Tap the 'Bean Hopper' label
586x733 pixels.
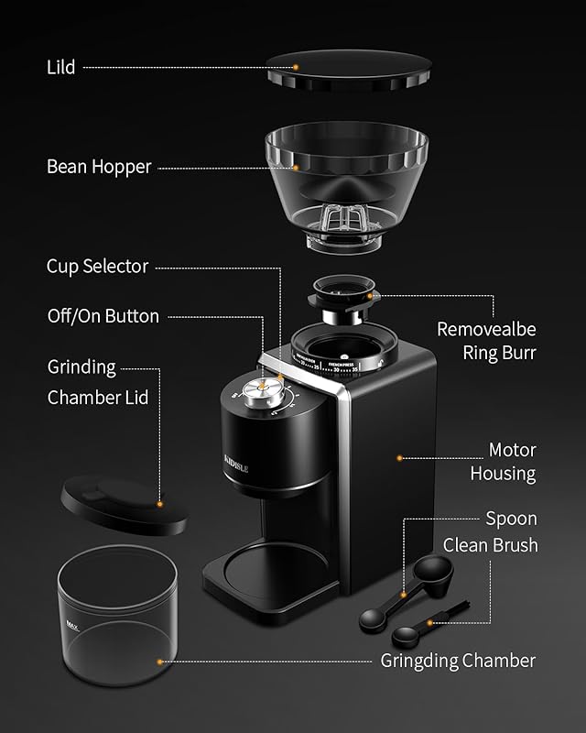(99, 168)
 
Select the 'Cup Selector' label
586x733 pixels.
(97, 267)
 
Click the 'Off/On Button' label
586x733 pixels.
(103, 316)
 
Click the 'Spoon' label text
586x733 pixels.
(511, 519)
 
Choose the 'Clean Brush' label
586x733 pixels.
(490, 545)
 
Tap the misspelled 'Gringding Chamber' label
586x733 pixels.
(458, 661)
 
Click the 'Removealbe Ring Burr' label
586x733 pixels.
(485, 340)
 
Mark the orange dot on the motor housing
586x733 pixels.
(398, 456)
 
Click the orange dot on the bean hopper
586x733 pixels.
(295, 168)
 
